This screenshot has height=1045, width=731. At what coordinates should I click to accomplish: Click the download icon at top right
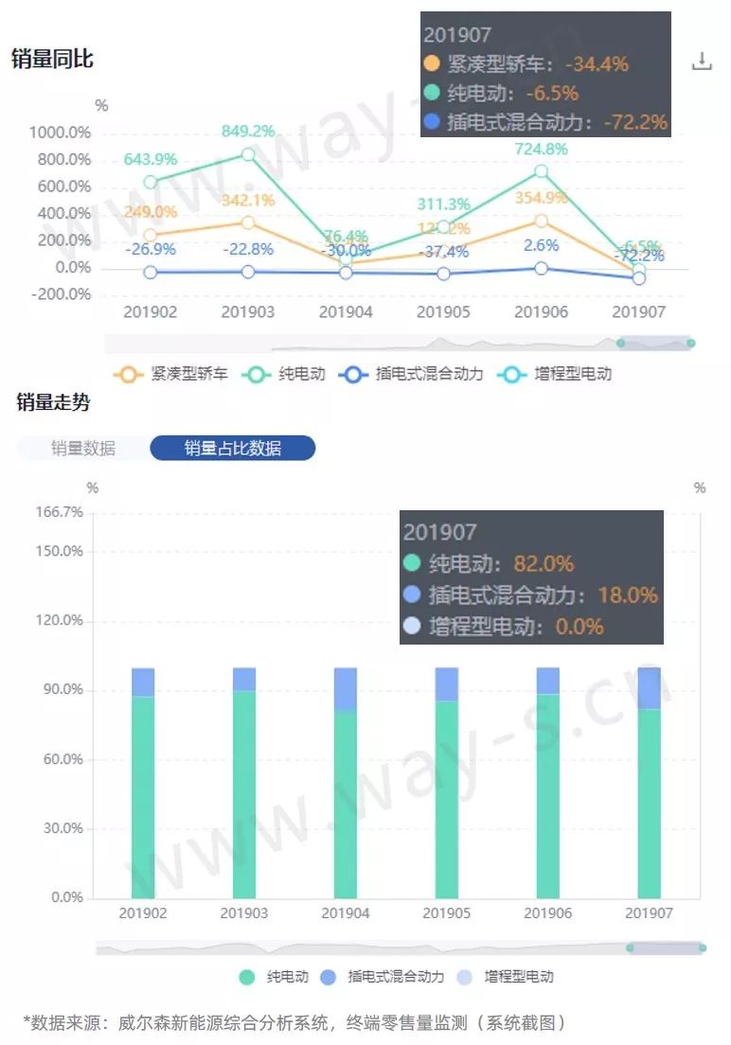pos(702,62)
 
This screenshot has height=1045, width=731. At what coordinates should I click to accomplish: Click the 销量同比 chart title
pos(52,59)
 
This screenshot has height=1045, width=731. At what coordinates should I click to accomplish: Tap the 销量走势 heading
pos(53,402)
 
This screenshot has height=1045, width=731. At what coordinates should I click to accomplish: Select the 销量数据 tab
pos(83,448)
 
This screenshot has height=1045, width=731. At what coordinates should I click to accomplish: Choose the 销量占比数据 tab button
pos(232,448)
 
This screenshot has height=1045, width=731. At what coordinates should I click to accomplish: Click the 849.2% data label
pos(247,132)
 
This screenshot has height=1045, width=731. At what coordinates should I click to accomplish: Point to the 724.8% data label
pos(541,149)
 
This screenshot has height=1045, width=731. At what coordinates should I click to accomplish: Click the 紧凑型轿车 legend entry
pos(171,374)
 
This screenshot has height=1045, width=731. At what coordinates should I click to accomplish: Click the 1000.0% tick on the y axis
pos(59,132)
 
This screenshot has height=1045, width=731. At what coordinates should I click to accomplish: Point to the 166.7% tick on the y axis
pos(60,512)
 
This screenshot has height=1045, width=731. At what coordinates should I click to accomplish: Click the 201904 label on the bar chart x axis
pos(346,913)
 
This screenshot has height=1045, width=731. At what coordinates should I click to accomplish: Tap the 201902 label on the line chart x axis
pos(150,311)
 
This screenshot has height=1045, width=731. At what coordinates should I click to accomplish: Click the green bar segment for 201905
pos(447,799)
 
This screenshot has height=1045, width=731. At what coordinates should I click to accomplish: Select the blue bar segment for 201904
pos(346,688)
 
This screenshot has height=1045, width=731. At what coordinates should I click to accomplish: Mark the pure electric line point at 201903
pos(247,154)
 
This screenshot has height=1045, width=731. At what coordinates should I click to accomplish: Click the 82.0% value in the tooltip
pos(544,563)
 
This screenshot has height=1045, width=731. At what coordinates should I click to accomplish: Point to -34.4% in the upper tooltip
pos(597,64)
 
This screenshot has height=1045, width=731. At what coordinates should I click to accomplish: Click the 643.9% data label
pos(151,159)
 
